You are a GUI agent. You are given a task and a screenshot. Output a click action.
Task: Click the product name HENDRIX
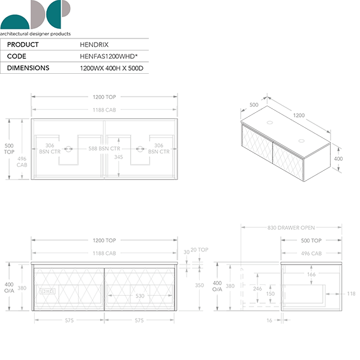point(94,44)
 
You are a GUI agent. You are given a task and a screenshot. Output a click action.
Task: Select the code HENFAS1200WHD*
point(109,56)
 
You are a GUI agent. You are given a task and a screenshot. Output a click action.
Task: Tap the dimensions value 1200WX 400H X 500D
point(112,68)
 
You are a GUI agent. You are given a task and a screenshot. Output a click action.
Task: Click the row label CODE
point(17,56)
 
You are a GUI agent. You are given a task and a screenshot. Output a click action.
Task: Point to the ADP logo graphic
point(35,14)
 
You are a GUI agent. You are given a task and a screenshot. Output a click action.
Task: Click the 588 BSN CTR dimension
point(104,149)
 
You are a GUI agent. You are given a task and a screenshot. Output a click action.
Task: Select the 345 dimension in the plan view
point(118,157)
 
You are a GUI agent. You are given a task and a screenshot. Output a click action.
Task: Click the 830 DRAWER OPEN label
point(291,228)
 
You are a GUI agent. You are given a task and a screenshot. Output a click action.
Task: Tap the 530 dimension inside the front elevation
point(140,296)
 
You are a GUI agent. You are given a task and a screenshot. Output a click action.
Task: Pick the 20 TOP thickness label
point(199,250)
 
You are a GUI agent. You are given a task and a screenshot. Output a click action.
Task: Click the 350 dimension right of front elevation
point(199,285)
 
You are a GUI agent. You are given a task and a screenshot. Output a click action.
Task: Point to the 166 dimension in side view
point(311,274)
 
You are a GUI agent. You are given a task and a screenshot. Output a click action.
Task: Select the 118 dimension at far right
point(351,293)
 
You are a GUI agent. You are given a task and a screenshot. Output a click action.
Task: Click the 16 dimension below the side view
point(269,320)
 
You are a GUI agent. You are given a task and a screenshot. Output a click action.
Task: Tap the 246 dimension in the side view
point(257,289)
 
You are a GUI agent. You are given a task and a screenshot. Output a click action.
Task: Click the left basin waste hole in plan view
point(68,149)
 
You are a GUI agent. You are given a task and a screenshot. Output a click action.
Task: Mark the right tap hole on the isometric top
point(301,141)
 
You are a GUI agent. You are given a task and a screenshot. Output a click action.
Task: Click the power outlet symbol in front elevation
point(47,292)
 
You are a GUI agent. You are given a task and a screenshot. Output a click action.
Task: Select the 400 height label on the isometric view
point(338,158)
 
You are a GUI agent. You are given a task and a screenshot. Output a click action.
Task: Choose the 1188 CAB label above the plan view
point(104,110)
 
